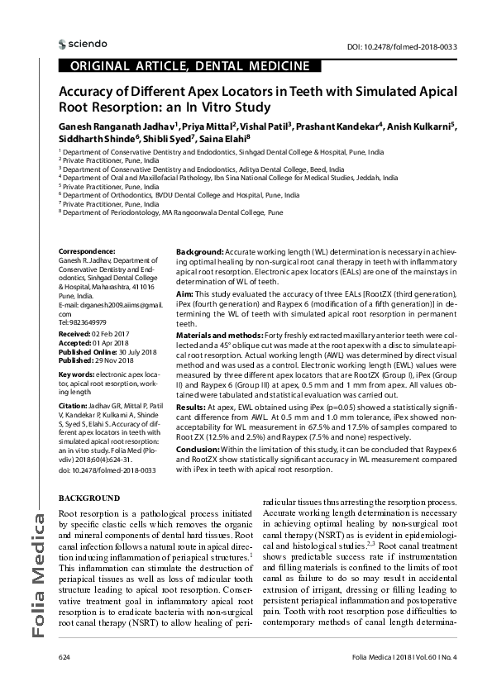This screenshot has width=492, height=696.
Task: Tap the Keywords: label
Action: point(76,374)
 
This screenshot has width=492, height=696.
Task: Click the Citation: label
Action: point(74,408)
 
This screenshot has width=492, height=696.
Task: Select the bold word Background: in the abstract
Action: point(200,250)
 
